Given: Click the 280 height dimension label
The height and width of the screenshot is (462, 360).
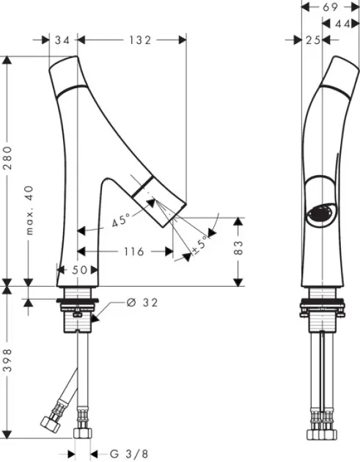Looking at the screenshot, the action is click(7, 158).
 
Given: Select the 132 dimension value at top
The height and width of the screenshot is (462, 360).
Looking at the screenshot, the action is click(140, 40).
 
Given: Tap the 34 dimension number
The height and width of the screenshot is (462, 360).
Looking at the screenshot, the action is click(62, 40).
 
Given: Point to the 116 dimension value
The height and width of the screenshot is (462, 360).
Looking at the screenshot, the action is click(133, 252).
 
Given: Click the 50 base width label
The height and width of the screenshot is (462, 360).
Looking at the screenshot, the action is click(79, 270).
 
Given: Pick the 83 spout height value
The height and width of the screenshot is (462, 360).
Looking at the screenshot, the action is click(238, 248).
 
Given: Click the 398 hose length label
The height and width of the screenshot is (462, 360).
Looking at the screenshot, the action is click(7, 360).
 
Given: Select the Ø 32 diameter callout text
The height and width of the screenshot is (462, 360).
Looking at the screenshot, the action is click(142, 302).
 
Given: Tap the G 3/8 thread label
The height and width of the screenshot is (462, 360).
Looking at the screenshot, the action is click(129, 454).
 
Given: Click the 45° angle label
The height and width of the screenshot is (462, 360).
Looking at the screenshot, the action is click(122, 220).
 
